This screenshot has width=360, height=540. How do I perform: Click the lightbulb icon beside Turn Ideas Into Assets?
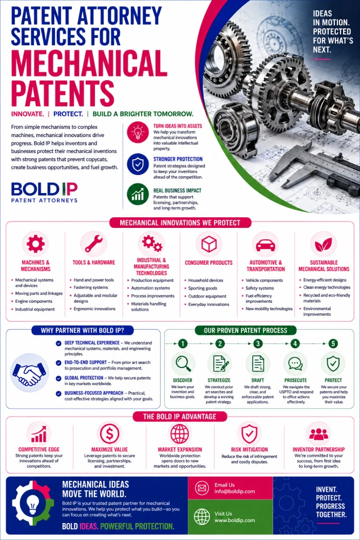point(138,132)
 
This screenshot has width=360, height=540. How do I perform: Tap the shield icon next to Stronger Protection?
point(138,165)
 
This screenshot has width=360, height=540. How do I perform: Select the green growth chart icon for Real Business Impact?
point(138,195)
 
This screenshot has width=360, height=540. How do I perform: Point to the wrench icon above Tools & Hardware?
point(94,244)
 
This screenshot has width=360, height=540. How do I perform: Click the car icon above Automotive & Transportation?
point(266,245)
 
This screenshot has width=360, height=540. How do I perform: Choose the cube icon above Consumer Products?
point(209,244)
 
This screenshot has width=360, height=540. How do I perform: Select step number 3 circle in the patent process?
point(258,343)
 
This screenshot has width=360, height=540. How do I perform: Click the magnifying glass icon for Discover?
point(183,363)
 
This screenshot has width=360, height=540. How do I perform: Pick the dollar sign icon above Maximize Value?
point(110,433)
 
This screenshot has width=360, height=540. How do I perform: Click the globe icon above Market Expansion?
point(180,433)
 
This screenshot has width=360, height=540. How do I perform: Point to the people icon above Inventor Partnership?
point(319,434)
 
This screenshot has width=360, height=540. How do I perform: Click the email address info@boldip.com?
point(235,491)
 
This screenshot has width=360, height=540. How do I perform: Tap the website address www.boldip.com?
point(235,520)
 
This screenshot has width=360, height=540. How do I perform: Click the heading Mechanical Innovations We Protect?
point(180,223)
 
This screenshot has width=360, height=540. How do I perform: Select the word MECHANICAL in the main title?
point(89,63)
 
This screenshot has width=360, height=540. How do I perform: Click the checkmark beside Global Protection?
point(59,378)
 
